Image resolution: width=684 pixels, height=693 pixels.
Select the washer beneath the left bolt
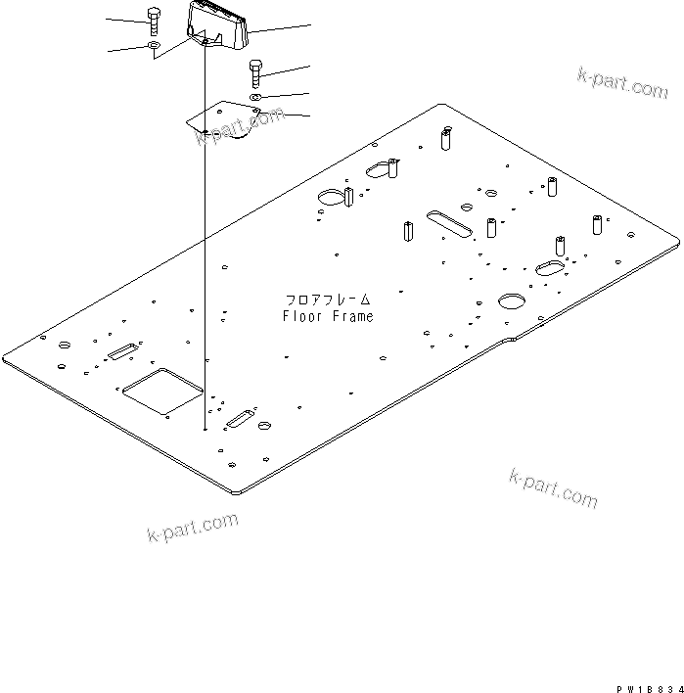(153, 44)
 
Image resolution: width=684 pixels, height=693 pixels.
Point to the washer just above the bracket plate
(255, 97)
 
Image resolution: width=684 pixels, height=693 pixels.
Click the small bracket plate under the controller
(227, 121)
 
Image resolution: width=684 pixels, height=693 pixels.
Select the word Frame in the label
(353, 316)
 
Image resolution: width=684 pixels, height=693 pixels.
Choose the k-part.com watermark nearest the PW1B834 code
(553, 486)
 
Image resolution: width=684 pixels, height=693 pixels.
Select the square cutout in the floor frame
(160, 389)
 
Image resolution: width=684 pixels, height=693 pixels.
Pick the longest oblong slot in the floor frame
(449, 221)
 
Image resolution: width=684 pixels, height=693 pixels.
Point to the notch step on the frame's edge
(510, 340)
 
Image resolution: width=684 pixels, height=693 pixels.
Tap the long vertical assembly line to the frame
(204, 245)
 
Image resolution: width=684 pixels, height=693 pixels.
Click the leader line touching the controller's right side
(279, 29)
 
